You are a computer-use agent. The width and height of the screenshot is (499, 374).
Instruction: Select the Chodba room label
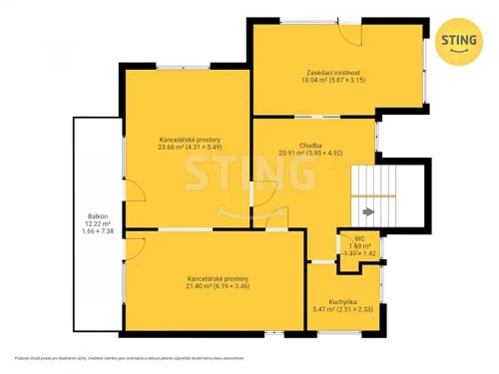(309, 146)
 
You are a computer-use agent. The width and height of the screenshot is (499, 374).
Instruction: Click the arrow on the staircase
(368, 211)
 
